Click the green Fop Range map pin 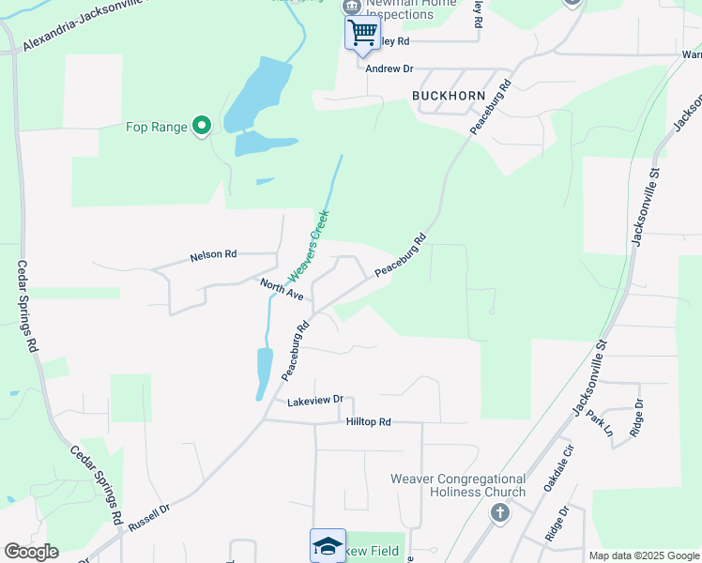click(x=201, y=125)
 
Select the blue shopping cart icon click(x=362, y=34)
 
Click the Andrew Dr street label click(x=389, y=68)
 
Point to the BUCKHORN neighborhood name click(x=448, y=96)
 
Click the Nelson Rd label click(x=213, y=254)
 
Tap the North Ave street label click(x=282, y=288)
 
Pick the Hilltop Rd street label click(x=368, y=422)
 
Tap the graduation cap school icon click(x=328, y=545)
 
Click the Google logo click(x=31, y=552)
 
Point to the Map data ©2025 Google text click(x=644, y=555)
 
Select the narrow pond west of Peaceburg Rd click(x=264, y=373)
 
